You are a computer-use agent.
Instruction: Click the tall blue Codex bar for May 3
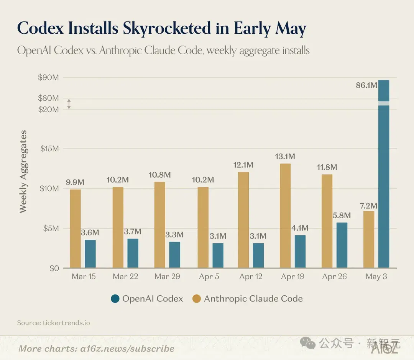pyautogui.click(x=384, y=174)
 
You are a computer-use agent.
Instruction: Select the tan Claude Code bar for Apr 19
pyautogui.click(x=285, y=216)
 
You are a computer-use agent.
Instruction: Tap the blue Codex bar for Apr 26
pyautogui.click(x=342, y=245)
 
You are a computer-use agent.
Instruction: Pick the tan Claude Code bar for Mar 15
pyautogui.click(x=75, y=229)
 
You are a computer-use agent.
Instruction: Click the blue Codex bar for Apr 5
pyautogui.click(x=218, y=255)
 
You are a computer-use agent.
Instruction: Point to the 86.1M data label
pyautogui.click(x=366, y=85)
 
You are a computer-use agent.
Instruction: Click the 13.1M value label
pyautogui.click(x=285, y=156)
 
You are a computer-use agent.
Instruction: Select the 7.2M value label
pyautogui.click(x=369, y=206)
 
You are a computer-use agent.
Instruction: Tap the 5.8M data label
pyautogui.click(x=342, y=216)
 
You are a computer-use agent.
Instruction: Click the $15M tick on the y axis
pyautogui.click(x=49, y=149)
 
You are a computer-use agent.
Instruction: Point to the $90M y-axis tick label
pyautogui.click(x=48, y=77)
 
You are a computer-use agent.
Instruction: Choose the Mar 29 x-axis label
pyautogui.click(x=167, y=277)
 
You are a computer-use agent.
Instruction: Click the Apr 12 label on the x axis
pyautogui.click(x=251, y=277)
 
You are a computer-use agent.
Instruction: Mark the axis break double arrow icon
pyautogui.click(x=69, y=104)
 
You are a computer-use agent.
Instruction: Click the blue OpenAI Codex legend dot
pyautogui.click(x=115, y=299)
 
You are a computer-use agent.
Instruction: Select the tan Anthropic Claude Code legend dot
pyautogui.click(x=196, y=299)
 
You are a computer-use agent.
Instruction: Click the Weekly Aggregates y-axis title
pyautogui.click(x=23, y=172)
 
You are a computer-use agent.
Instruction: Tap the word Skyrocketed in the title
pyautogui.click(x=167, y=28)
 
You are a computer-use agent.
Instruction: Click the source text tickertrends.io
pyautogui.click(x=66, y=323)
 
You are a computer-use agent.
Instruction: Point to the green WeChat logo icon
pyautogui.click(x=308, y=343)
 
